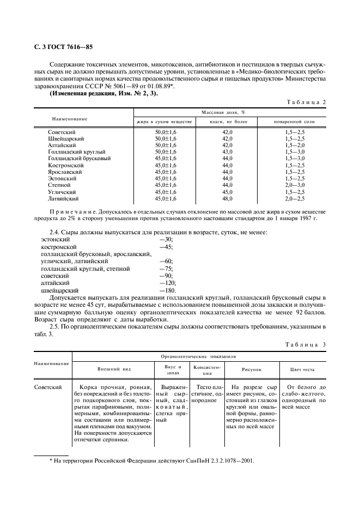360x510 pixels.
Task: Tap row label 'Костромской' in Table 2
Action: pyautogui.click(x=65, y=165)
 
